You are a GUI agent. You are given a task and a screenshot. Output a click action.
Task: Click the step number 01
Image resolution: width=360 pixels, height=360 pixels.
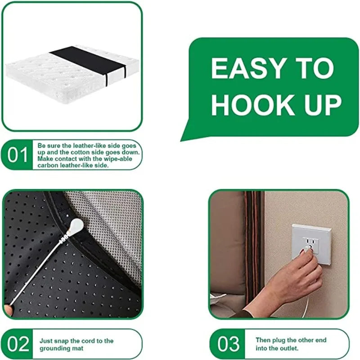18,155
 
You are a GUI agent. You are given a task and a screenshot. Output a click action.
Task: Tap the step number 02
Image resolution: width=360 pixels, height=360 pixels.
18,344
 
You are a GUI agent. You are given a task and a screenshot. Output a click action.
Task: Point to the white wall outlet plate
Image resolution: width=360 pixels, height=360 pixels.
312,243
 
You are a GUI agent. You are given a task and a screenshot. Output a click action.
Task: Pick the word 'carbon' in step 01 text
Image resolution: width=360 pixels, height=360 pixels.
48,165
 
